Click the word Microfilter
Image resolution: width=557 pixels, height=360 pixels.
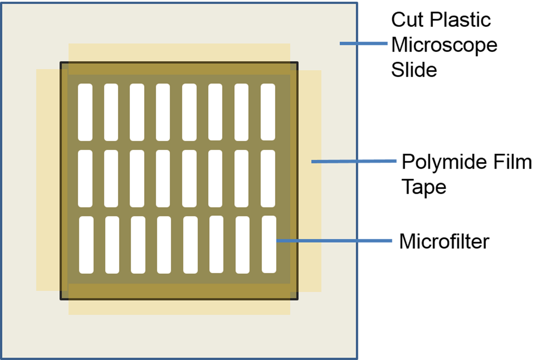tap(444, 242)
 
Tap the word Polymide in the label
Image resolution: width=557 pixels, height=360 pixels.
tap(434, 163)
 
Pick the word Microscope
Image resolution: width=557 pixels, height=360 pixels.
tap(444, 45)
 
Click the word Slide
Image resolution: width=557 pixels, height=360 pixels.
tap(414, 70)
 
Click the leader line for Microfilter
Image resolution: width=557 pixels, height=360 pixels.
tap(334, 241)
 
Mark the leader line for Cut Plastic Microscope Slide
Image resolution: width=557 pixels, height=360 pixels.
tap(363, 44)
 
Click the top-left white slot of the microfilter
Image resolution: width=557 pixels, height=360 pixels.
tap(85, 112)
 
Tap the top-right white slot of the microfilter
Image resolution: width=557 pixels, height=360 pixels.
tap(268, 112)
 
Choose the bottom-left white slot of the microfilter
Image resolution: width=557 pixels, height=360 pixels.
tap(86, 245)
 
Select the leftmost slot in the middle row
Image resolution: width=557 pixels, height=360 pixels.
tap(85, 178)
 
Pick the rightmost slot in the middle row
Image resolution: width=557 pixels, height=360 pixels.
tap(268, 178)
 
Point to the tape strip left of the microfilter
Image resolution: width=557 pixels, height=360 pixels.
tap(48, 180)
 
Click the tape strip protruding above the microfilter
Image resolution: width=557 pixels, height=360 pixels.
tap(179, 52)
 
